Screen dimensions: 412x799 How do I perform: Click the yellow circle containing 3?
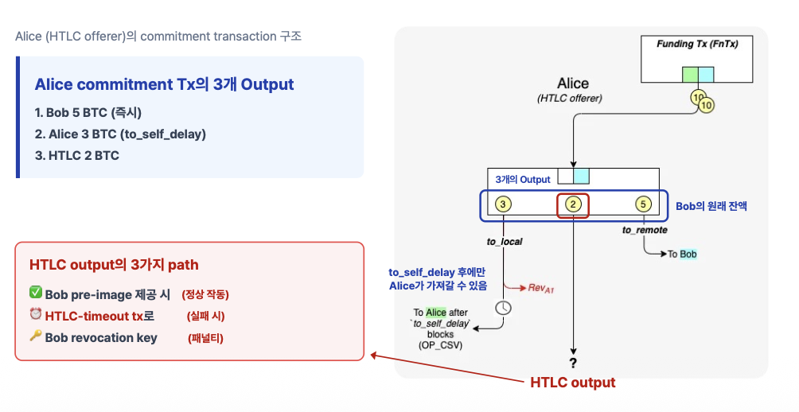[x=503, y=204]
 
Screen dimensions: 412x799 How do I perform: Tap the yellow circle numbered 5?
[x=644, y=204]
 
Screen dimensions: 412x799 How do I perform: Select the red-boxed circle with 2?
[x=573, y=204]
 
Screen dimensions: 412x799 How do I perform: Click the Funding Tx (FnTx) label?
[x=697, y=45]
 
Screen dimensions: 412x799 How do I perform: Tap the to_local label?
[x=504, y=241]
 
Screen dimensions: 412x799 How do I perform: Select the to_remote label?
[x=645, y=230]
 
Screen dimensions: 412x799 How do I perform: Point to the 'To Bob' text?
[x=682, y=255]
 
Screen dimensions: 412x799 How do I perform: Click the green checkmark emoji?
[x=35, y=293]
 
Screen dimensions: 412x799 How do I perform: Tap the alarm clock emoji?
[x=35, y=315]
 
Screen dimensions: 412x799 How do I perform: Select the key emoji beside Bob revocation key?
[x=35, y=336]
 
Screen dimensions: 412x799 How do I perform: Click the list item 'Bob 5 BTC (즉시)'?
[x=88, y=112]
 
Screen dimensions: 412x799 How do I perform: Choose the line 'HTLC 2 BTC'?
[x=76, y=155]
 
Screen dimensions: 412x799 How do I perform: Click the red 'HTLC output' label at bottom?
[x=572, y=383]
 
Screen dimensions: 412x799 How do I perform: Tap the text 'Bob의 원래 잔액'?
[x=711, y=205]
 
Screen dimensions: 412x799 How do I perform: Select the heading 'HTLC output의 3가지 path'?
[x=114, y=265]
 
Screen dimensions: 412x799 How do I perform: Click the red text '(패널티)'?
[x=205, y=338]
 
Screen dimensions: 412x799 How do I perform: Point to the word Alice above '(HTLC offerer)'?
[x=573, y=84]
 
